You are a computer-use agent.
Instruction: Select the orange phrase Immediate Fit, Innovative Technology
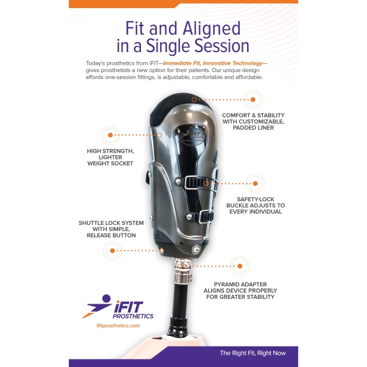pos(213,63)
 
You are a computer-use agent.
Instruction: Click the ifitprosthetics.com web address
pos(118,325)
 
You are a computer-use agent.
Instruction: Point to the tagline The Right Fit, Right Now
pos(253,353)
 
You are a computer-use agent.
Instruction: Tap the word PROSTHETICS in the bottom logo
pos(133,316)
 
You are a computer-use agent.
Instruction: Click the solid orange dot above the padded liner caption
pos(253,100)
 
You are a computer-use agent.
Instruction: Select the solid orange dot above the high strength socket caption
pos(111,135)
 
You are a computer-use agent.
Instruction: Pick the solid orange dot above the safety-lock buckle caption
pos(255,184)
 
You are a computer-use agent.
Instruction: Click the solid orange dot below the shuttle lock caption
pos(112,251)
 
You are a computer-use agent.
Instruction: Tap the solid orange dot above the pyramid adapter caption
pos(240,266)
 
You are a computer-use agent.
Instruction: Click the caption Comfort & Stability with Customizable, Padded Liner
pos(253,122)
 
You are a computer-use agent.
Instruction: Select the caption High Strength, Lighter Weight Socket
pos(111,157)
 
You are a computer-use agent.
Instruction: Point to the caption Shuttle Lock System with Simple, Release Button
pos(111,229)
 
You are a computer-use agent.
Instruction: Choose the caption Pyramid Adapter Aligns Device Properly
pos(240,291)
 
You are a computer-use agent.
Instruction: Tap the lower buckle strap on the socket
pos(206,216)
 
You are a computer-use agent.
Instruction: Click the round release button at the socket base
pos(196,249)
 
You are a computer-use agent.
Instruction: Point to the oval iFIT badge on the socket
pos(191,137)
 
